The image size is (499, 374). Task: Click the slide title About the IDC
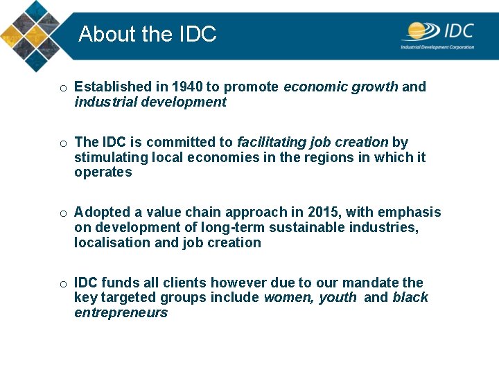pos(148,34)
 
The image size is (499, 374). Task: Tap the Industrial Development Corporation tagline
pos(437,47)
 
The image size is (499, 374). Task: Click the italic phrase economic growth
pos(341,87)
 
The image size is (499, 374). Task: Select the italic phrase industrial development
pos(150,103)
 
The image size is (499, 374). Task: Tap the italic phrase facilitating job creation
pos(313,143)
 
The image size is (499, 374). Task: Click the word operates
pos(103,172)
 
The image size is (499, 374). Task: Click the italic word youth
pos(338,298)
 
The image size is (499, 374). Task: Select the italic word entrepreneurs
pos(121,313)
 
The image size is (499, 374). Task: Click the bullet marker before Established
pos(63,88)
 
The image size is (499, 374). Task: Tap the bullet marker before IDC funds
pos(63,284)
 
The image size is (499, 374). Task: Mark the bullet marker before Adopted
pos(63,213)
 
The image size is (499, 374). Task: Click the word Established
pos(112,87)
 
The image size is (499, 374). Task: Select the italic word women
pos(288,298)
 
